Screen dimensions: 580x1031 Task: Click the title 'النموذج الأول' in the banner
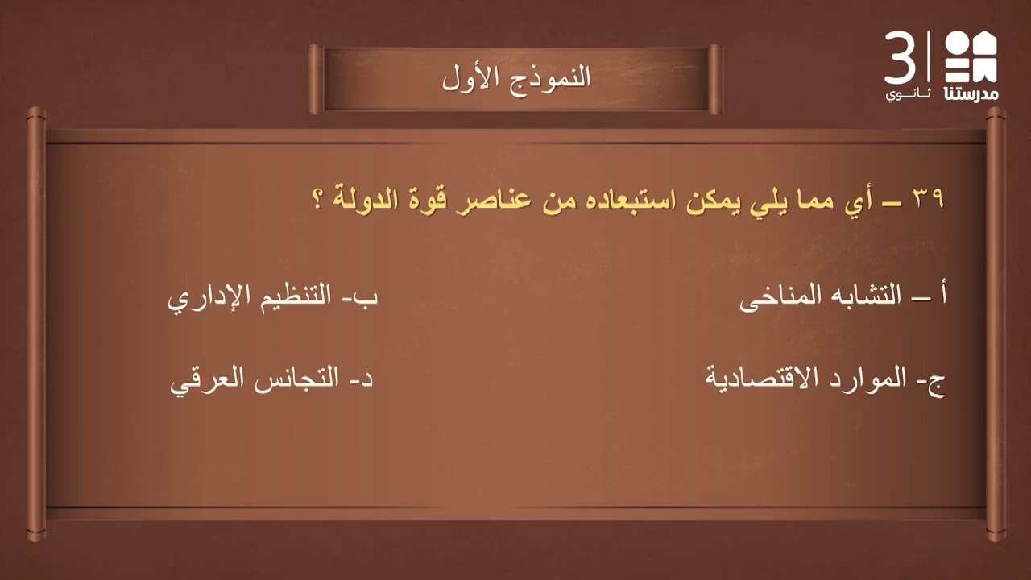(x=516, y=78)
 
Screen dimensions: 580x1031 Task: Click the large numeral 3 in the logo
(x=901, y=58)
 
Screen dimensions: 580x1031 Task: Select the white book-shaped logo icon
(x=971, y=56)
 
